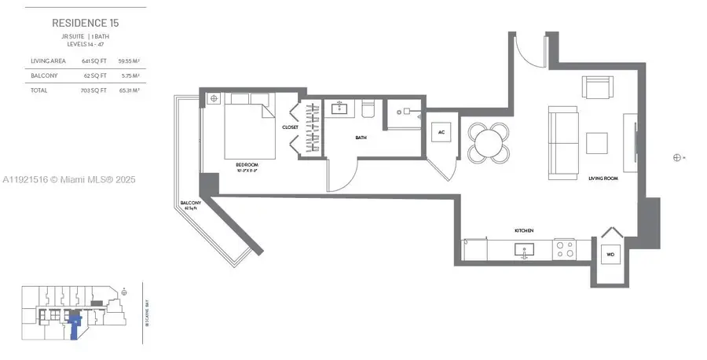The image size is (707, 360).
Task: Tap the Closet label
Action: [x=290, y=127]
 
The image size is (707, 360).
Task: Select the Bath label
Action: [x=361, y=138]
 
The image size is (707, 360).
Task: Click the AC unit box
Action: [x=441, y=133]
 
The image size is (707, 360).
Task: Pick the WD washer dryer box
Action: [x=610, y=255]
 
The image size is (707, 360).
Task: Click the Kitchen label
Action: [x=524, y=230]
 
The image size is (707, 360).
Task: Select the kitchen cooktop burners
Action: [x=563, y=250]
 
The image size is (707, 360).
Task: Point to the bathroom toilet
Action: [x=369, y=107]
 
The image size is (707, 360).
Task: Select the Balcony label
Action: [x=191, y=204]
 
